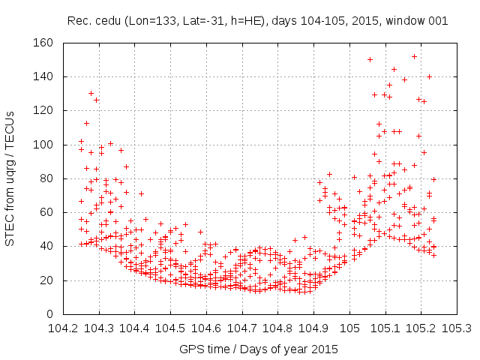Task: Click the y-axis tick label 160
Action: (43, 43)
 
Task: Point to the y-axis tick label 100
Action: (43, 145)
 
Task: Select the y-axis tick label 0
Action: (49, 314)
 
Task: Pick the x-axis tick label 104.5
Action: (170, 328)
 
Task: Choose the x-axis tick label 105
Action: (349, 328)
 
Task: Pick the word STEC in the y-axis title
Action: (10, 230)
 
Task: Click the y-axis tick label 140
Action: (43, 76)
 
